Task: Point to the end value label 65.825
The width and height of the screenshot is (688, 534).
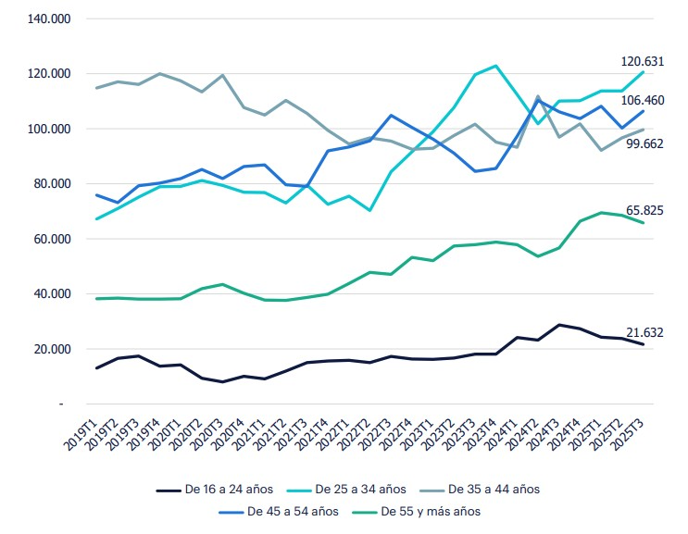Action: [x=643, y=211]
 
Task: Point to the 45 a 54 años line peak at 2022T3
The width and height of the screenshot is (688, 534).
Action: [x=391, y=116]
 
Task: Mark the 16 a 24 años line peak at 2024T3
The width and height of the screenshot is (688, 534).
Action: [x=559, y=325]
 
